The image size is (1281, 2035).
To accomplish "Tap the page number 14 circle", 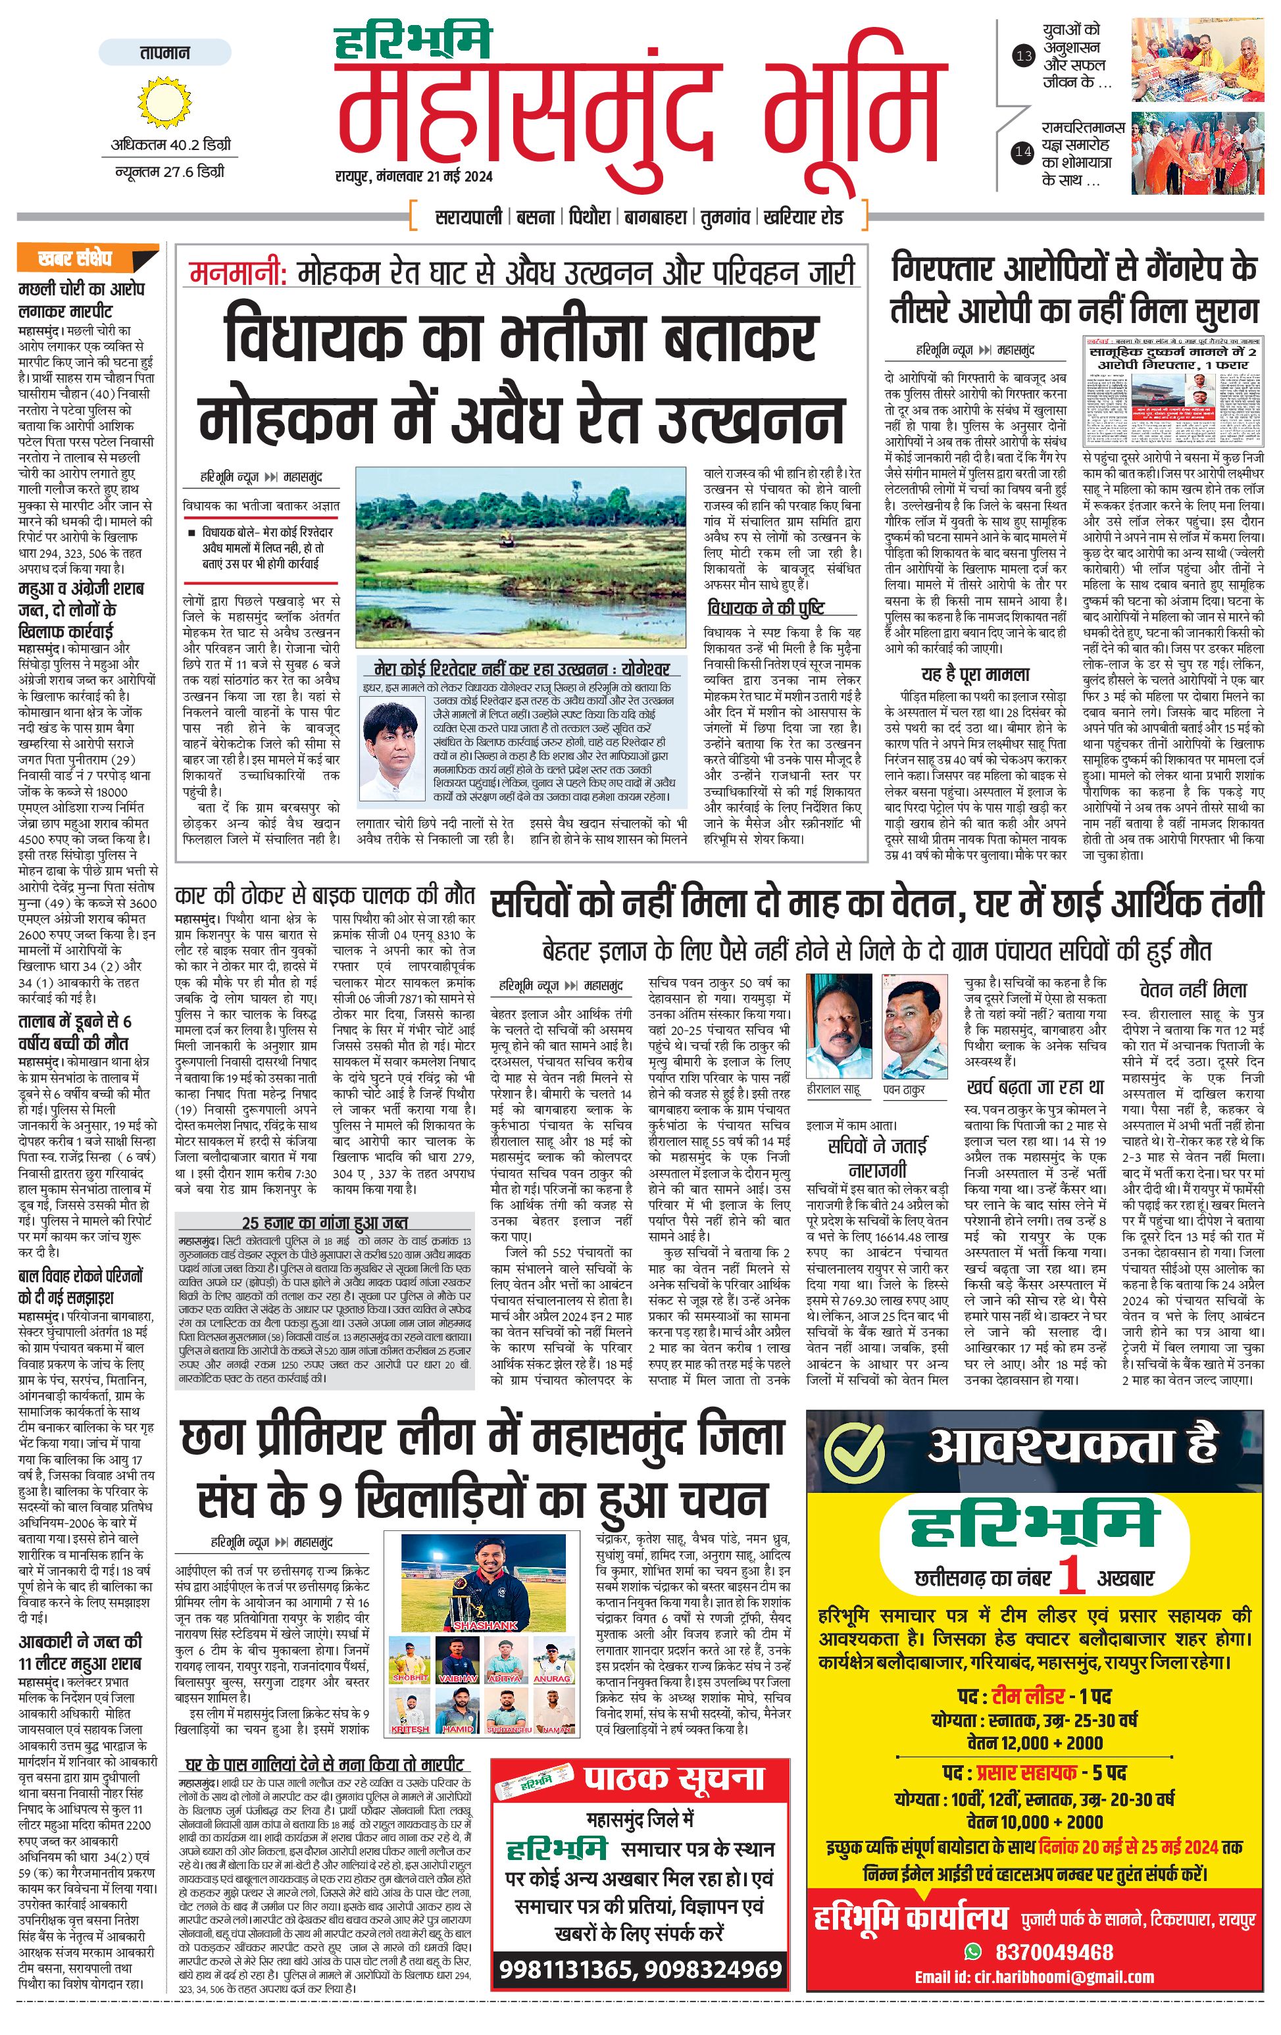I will click(1023, 153).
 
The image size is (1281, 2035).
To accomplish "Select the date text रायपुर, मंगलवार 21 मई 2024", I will click(414, 176).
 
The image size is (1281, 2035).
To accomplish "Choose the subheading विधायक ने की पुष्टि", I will click(766, 608).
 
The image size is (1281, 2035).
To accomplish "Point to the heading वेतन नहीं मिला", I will click(1192, 989).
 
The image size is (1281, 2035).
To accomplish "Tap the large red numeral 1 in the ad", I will click(1070, 1574).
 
